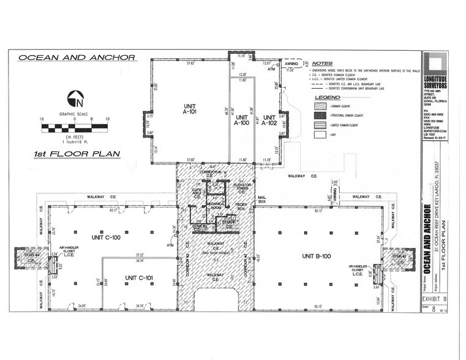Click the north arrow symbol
pyautogui.click(x=74, y=97)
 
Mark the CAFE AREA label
pyautogui.click(x=197, y=192)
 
